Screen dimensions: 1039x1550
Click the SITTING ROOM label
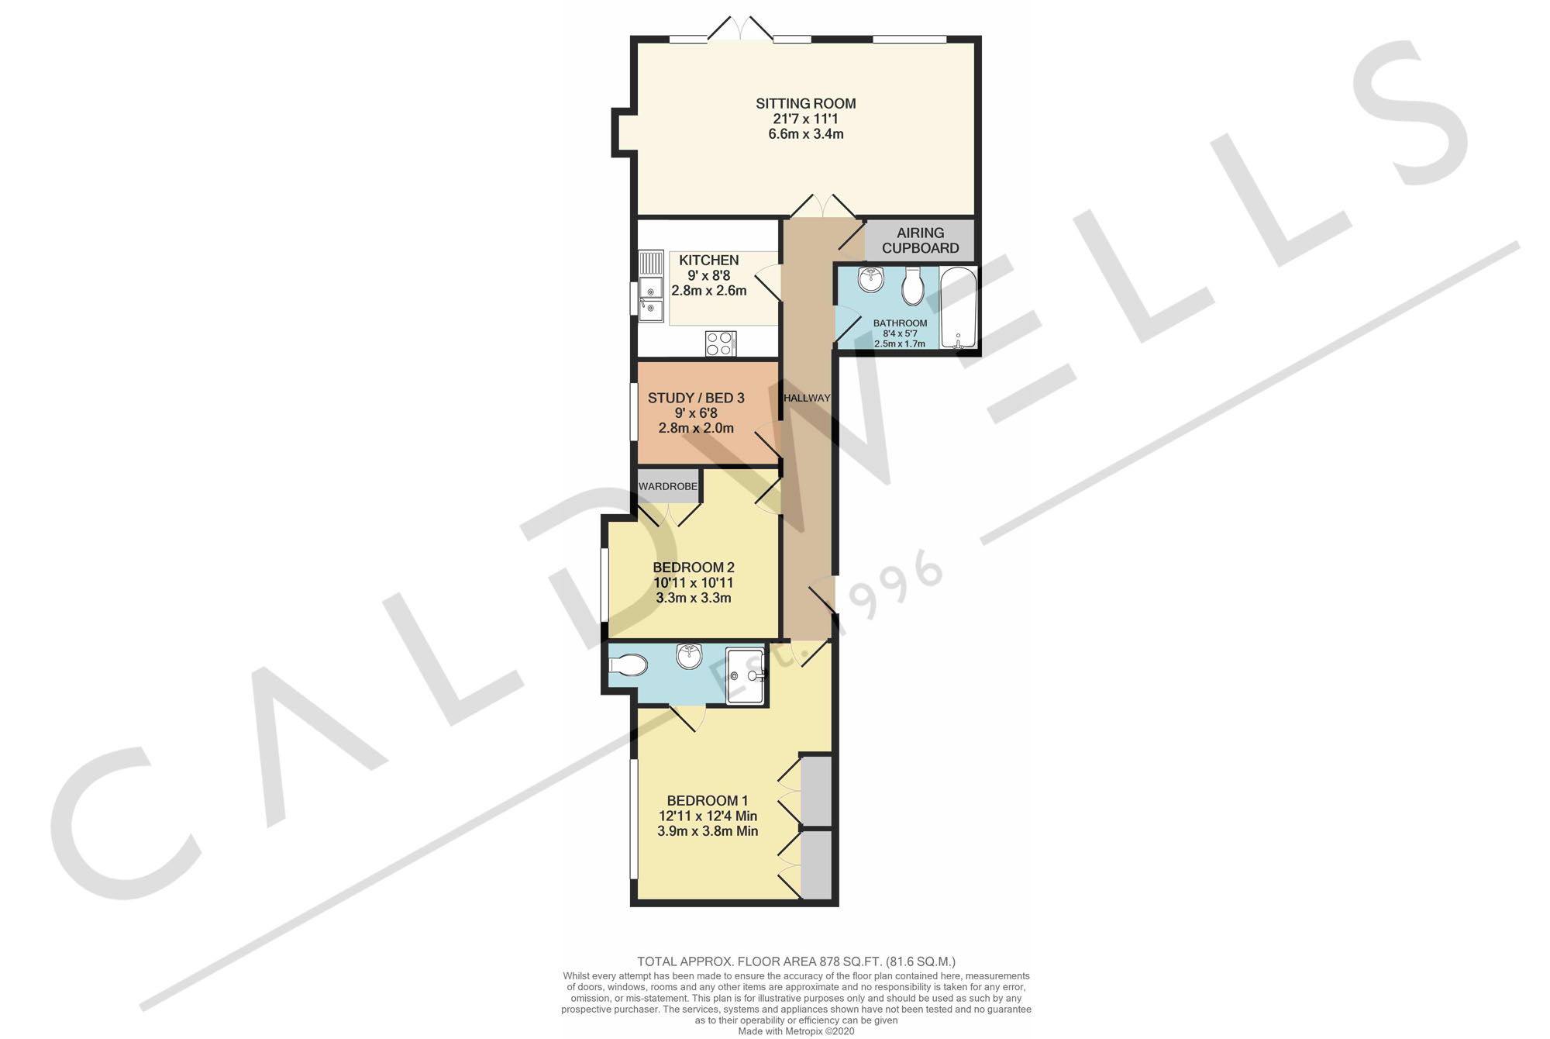(x=805, y=103)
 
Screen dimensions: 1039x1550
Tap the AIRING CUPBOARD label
(x=920, y=240)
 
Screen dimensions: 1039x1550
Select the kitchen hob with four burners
(x=720, y=343)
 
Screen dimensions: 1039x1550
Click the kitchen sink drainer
(x=651, y=262)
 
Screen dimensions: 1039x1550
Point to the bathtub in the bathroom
(x=959, y=308)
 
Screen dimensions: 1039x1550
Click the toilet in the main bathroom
(x=913, y=288)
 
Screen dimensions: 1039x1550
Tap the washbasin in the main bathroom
(x=871, y=279)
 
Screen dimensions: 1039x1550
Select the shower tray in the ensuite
(x=746, y=676)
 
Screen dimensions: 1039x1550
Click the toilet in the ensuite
(x=629, y=665)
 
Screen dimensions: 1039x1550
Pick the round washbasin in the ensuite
(x=689, y=655)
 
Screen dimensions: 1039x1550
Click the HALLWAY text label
(x=807, y=398)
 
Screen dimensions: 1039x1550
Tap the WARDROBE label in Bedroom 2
(x=668, y=486)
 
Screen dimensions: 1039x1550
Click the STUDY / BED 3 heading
(x=696, y=398)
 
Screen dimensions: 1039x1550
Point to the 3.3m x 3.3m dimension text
(x=694, y=598)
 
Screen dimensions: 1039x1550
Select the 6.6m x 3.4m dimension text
(x=805, y=134)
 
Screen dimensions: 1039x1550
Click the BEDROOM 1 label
(x=708, y=800)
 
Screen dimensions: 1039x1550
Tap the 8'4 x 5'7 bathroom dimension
(x=900, y=333)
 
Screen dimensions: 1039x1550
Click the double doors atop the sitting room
(x=741, y=29)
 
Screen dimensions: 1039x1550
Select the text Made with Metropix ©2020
(x=796, y=1031)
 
